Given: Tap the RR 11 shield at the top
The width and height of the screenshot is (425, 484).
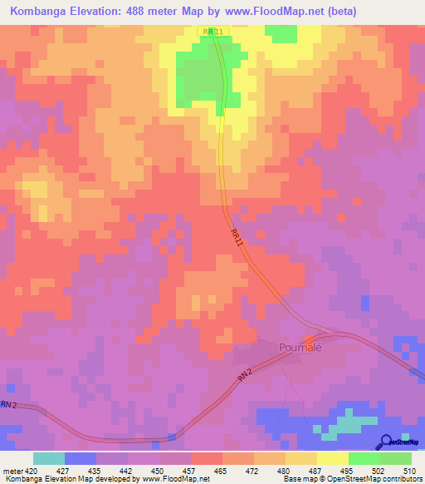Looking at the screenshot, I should coord(213,31).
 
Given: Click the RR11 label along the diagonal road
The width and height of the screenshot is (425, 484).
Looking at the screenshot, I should coord(238,241).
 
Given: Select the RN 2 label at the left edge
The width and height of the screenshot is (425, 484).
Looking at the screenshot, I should coord(8,405).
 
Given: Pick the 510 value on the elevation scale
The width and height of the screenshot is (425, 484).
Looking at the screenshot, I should coord(409,471).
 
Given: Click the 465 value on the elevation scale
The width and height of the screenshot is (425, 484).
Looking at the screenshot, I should coord(220,471).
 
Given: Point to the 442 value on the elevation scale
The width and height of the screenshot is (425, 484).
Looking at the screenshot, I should coord(126,471).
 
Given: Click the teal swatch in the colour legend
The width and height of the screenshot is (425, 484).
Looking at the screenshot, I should coord(48,458).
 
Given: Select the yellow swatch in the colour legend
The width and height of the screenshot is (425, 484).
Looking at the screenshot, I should coord(333,458).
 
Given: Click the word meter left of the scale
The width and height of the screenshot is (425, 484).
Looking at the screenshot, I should coord(12,471).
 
